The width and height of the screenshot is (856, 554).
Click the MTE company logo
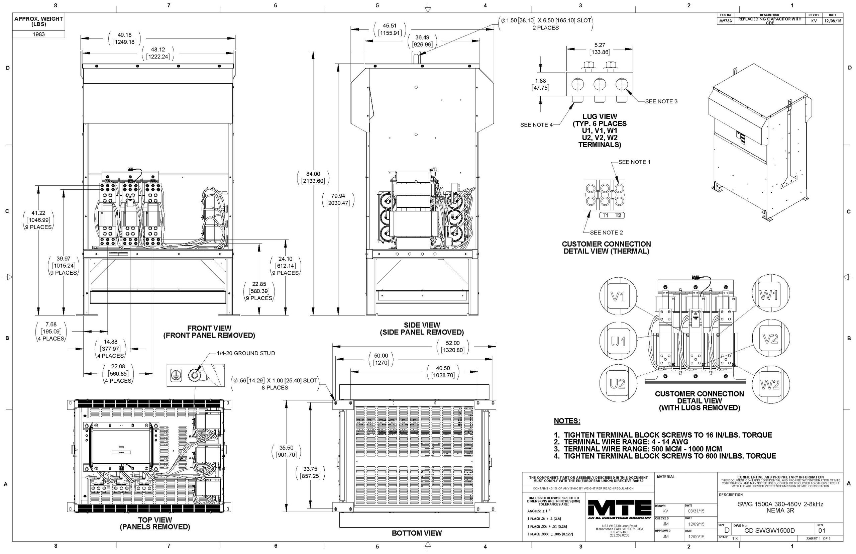(619, 510)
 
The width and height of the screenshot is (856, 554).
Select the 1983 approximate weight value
(38, 34)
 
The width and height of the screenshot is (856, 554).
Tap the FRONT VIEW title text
(209, 328)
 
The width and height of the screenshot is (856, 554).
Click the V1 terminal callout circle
(618, 296)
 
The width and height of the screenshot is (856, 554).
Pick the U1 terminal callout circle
(618, 341)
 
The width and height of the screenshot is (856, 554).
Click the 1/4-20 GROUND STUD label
(245, 353)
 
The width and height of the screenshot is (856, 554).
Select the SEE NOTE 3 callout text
(661, 101)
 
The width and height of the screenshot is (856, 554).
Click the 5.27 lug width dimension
(600, 45)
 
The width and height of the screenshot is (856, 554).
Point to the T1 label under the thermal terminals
(606, 215)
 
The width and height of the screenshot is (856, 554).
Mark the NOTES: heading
(567, 421)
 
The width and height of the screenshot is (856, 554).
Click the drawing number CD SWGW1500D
(766, 531)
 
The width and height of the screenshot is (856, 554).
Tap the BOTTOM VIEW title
(417, 533)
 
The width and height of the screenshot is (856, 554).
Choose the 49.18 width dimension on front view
(124, 35)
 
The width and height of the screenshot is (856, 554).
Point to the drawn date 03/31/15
(696, 511)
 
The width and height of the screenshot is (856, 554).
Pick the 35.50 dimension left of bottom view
(286, 448)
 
